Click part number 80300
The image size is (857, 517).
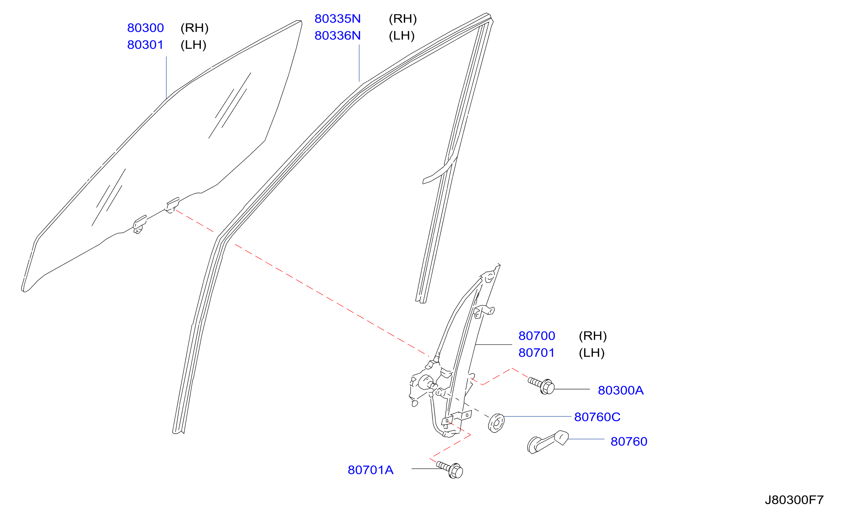click(x=146, y=28)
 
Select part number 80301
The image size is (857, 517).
click(x=146, y=45)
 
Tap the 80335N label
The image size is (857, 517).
click(x=338, y=19)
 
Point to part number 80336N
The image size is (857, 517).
click(x=338, y=36)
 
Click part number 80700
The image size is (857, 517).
click(x=537, y=336)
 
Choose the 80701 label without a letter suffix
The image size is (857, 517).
click(x=537, y=353)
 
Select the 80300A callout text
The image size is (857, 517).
click(x=621, y=391)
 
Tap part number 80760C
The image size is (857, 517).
click(x=597, y=417)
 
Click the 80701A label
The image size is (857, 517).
click(x=371, y=470)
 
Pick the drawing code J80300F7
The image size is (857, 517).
click(x=794, y=500)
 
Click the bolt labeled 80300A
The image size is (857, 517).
click(x=541, y=386)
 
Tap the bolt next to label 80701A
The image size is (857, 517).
click(x=450, y=470)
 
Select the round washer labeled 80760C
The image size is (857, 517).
click(x=496, y=423)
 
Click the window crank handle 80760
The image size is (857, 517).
click(x=548, y=442)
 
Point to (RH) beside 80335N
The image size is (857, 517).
click(x=403, y=19)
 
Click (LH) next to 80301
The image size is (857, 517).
click(x=194, y=45)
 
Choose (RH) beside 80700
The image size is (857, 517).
click(x=593, y=336)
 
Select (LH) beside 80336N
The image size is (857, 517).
click(x=402, y=36)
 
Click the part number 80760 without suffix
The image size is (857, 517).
click(x=629, y=442)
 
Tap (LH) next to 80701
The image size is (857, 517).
click(x=592, y=353)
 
